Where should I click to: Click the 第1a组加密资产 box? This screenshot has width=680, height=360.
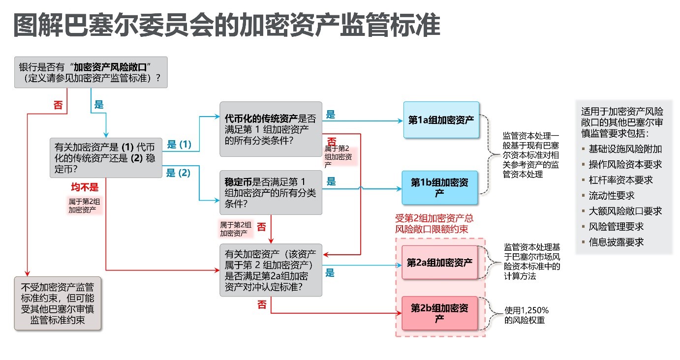click(x=441, y=120)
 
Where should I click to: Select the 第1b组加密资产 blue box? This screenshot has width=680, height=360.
click(x=439, y=187)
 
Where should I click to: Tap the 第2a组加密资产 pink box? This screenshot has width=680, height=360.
click(x=439, y=262)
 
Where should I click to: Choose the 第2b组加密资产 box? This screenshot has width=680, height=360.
click(x=439, y=313)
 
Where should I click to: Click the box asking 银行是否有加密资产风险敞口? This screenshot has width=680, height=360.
click(x=91, y=72)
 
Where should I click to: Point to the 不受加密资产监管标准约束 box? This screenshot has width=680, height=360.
click(x=58, y=303)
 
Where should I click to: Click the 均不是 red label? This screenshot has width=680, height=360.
click(x=85, y=187)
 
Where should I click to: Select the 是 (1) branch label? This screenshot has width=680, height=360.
click(x=179, y=144)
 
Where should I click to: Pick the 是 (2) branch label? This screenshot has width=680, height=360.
click(x=178, y=173)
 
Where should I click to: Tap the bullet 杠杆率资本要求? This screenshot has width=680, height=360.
click(x=620, y=180)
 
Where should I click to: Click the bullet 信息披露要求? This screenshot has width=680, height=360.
click(x=616, y=242)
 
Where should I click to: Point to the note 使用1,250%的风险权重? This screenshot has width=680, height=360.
click(x=526, y=315)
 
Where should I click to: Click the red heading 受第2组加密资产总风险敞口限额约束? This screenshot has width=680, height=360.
click(x=434, y=223)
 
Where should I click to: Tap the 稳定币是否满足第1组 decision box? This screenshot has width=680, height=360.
click(x=271, y=192)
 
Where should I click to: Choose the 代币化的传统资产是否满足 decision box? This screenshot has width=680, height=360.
click(x=271, y=129)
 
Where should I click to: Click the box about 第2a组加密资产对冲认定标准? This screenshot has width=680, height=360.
click(x=271, y=270)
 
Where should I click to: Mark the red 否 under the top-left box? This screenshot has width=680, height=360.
click(x=58, y=105)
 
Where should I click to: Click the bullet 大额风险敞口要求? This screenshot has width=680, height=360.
click(x=625, y=211)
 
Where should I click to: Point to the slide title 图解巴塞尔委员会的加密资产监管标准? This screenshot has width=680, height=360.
click(x=227, y=25)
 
